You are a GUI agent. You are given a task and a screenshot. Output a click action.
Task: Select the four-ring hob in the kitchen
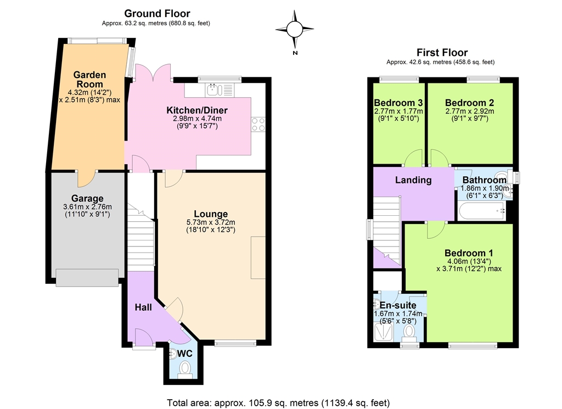258,125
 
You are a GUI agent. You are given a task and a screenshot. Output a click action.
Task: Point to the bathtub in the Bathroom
482,211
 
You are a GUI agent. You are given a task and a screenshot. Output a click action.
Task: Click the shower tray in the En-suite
384,332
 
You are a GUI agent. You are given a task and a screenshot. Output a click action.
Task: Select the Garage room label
87,198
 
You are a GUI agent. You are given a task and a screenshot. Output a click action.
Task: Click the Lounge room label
211,214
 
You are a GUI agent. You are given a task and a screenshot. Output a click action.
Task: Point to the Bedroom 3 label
398,103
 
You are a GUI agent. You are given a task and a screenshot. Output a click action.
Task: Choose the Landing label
413,180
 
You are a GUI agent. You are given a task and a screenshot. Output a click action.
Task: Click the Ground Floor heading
157,14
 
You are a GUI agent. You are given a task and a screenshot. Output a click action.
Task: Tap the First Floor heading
442,53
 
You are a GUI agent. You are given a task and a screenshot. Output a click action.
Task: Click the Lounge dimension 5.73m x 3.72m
211,222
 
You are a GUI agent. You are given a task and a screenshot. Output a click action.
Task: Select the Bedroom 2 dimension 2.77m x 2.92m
470,111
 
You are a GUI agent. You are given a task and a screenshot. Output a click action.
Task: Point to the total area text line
278,403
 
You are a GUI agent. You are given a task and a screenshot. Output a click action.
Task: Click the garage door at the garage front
87,278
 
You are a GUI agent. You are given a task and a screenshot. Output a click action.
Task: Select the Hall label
143,307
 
